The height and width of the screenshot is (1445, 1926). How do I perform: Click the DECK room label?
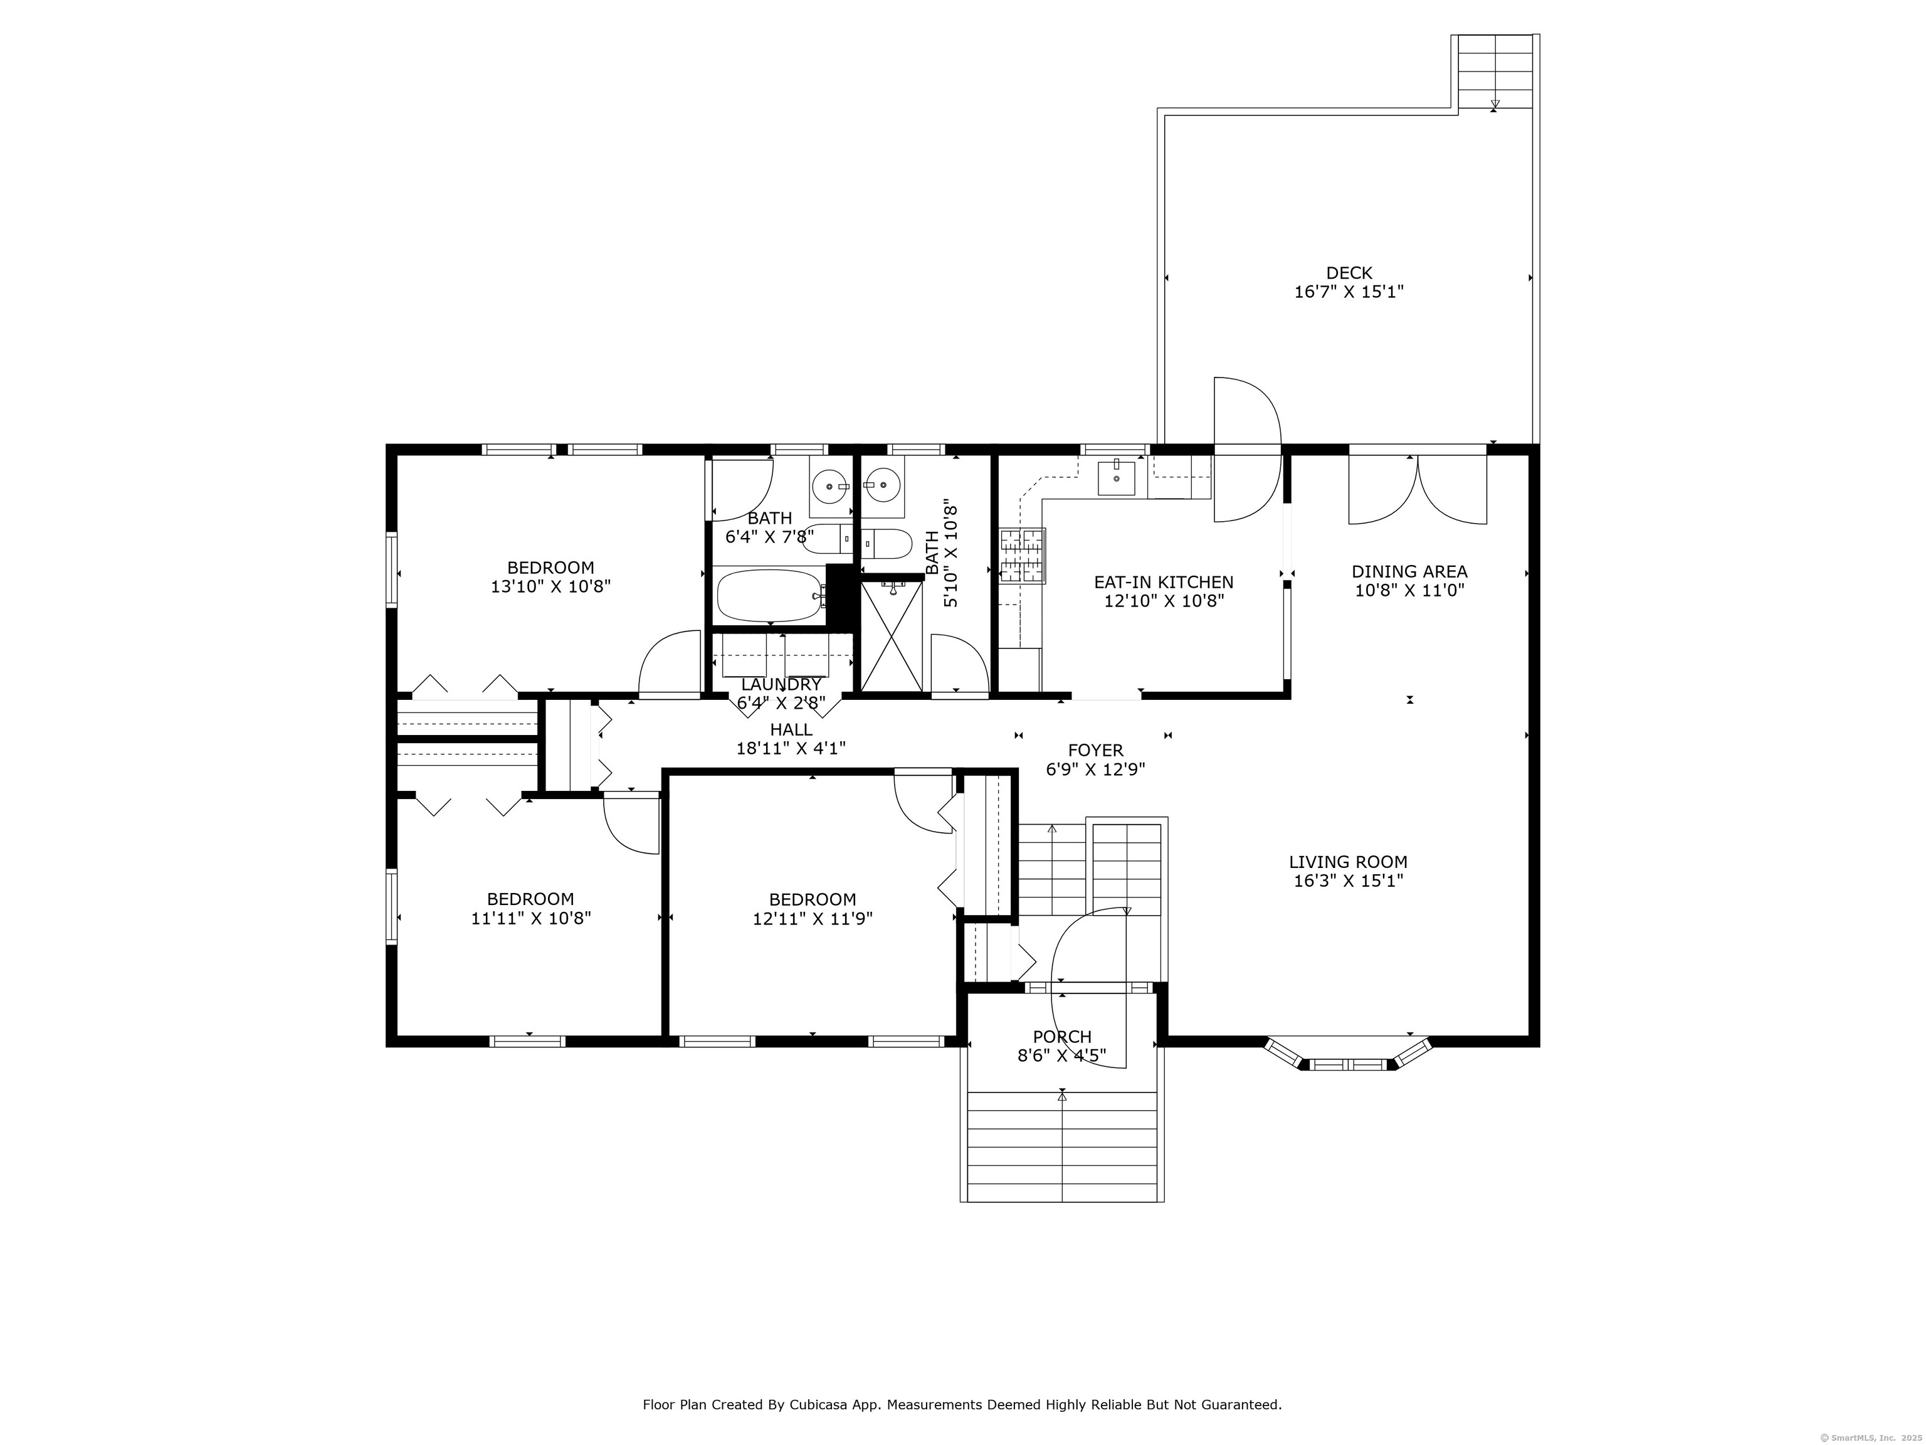point(1349,273)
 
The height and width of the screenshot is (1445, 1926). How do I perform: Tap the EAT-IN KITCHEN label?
point(1163,582)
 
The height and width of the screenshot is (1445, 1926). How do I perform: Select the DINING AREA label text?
point(1409,571)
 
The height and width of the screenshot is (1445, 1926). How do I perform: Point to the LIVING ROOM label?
point(1348,862)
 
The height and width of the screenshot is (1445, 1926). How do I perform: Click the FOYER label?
point(1095,750)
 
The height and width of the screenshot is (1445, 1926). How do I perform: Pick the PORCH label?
point(1061,1037)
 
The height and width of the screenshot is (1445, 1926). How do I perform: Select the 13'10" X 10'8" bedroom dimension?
point(550,586)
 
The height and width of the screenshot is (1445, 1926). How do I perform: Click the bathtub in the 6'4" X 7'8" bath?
point(770,596)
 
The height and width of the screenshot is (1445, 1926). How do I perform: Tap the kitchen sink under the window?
point(1115,477)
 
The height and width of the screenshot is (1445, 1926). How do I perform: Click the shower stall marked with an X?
point(892,635)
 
